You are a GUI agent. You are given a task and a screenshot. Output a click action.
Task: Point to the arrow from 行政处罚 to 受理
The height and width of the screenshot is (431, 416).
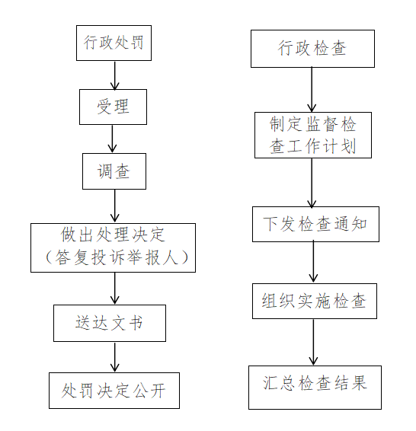coord(114,75)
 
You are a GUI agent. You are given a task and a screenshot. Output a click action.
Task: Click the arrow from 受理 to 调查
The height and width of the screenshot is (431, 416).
coord(112,139)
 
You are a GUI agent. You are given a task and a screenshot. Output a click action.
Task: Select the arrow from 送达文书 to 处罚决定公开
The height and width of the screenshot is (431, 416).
coord(114,357)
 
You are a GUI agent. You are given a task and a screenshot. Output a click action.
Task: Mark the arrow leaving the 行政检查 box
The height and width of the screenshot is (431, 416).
coord(312,90)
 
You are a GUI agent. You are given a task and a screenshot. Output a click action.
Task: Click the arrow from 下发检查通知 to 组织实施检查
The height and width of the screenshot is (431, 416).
coord(313,263)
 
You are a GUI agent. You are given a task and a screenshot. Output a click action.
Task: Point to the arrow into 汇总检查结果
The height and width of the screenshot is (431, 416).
coord(313,342)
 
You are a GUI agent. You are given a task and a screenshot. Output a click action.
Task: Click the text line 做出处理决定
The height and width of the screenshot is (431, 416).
coord(113,235)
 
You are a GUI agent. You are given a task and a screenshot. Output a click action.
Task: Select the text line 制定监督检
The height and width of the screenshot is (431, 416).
coord(312,124)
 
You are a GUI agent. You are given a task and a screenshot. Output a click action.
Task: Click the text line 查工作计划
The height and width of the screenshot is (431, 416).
coord(312,145)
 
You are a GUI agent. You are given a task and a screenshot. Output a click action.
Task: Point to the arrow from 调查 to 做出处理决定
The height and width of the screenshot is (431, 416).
coord(114,206)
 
